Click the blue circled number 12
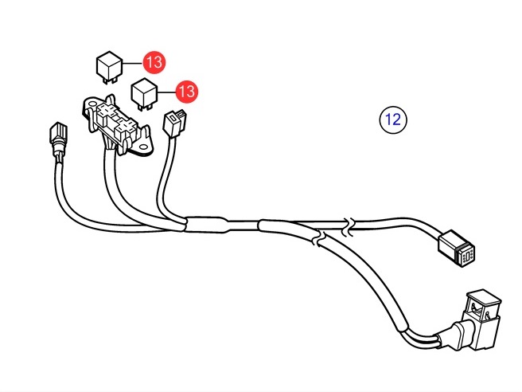coord(393,120)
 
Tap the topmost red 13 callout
coord(154,62)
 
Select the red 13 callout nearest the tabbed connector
coord(187,92)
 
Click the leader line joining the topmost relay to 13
coord(133,63)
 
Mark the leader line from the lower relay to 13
coord(166,92)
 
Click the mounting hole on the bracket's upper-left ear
coord(90,104)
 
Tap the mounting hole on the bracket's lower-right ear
coord(143,147)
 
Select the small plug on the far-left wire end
coord(58,139)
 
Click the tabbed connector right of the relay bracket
coord(174,123)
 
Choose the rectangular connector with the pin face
coord(457,249)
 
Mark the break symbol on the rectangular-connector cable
coord(349,226)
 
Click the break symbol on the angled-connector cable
coord(318,239)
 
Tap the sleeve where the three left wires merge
coord(206,225)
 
